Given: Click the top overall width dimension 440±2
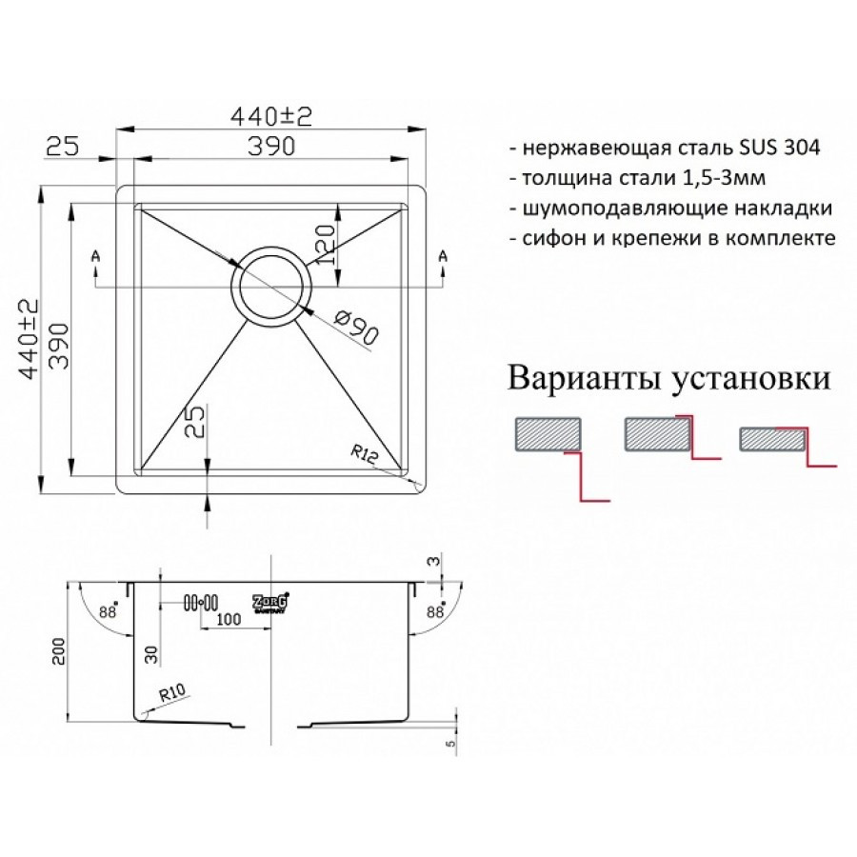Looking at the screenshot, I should point(271,116).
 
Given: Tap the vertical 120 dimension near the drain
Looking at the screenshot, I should point(324,243).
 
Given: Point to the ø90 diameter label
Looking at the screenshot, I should point(357,329).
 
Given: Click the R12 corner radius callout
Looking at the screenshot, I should point(366,455).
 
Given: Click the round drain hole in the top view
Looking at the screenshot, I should point(270,286).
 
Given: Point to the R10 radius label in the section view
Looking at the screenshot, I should point(171,696).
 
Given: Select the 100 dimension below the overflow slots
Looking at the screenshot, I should point(226,618).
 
